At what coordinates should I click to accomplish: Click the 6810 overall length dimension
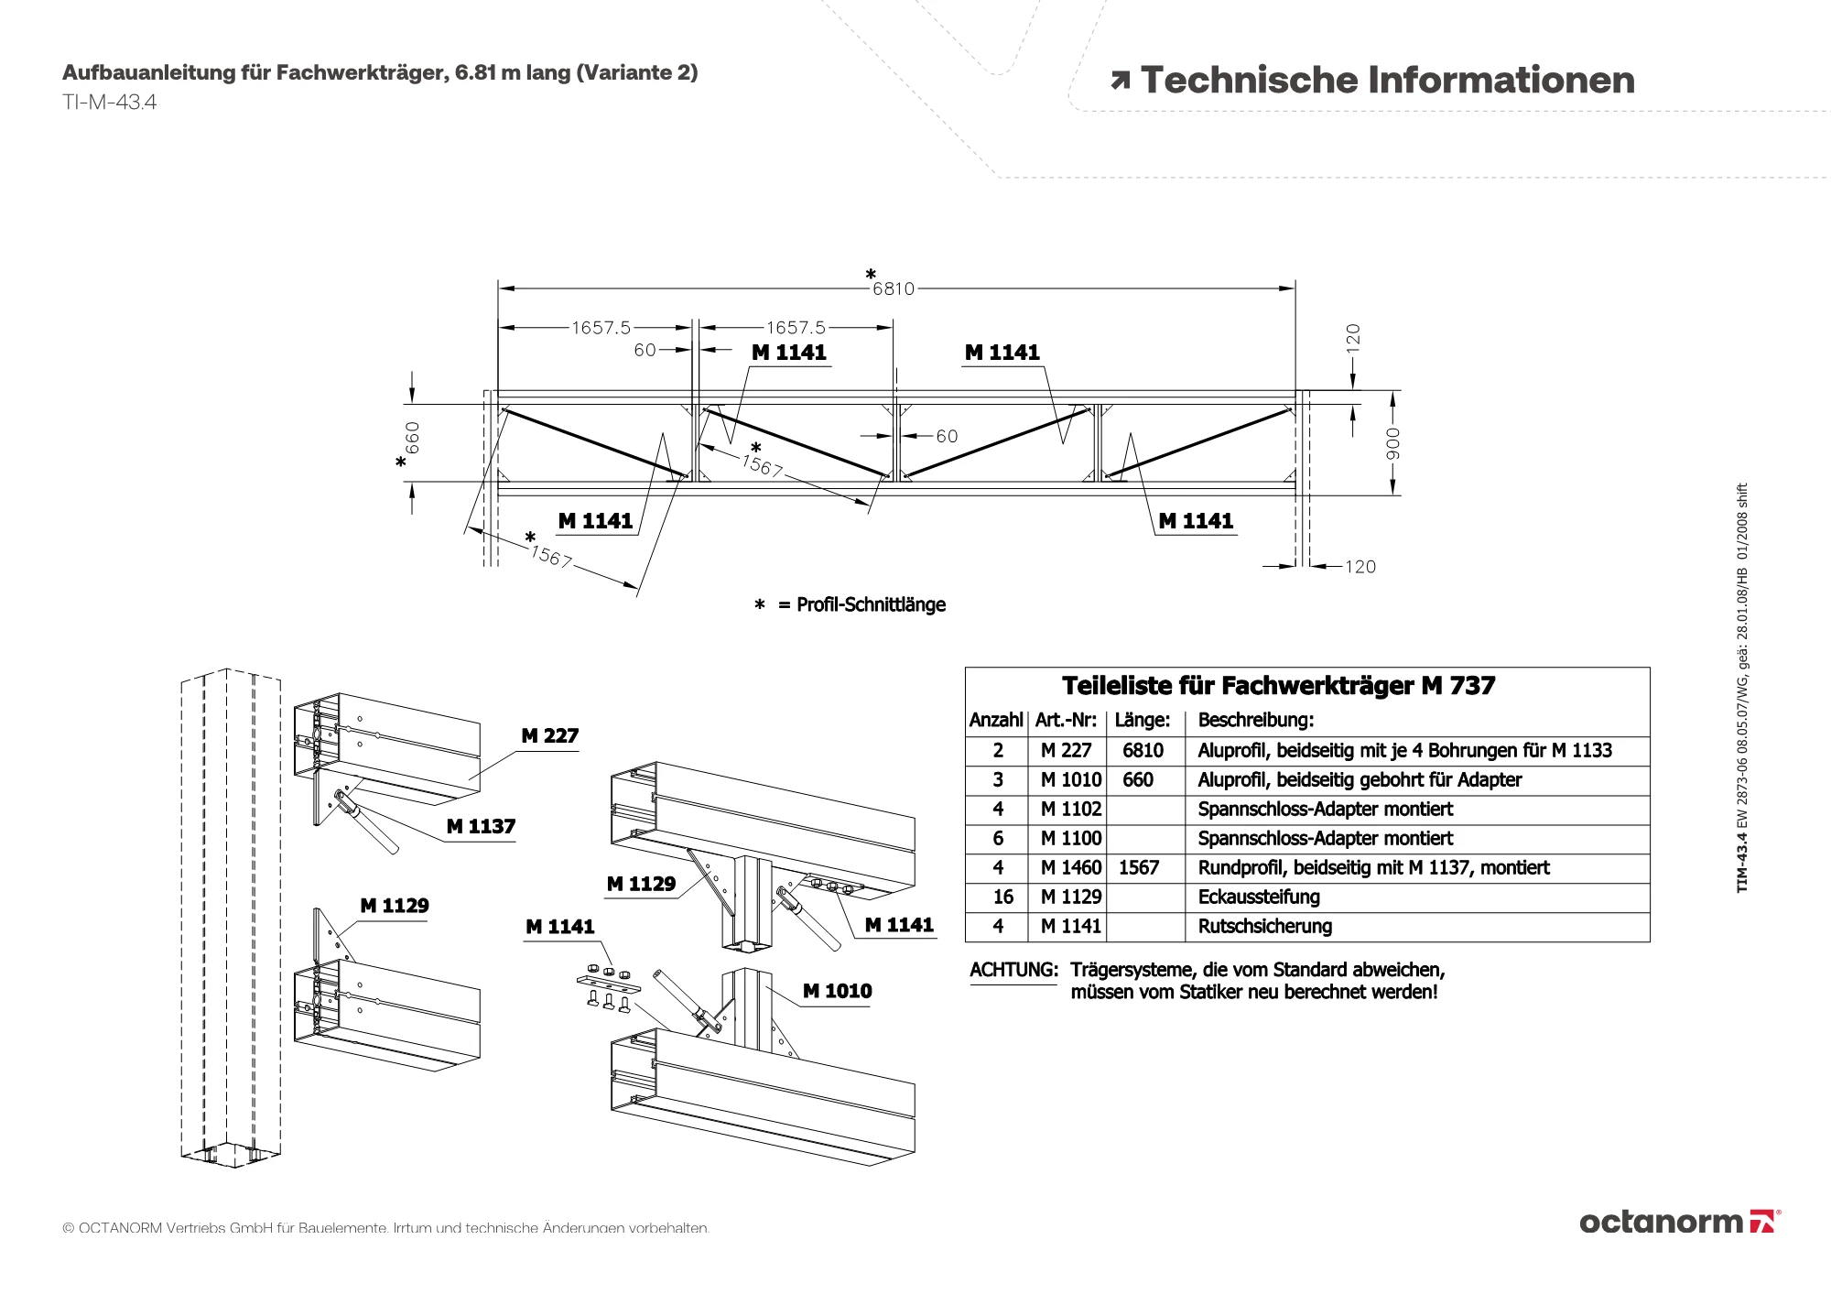(x=893, y=288)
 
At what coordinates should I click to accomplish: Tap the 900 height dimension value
(x=1392, y=443)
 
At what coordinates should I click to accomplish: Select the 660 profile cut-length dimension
(x=413, y=438)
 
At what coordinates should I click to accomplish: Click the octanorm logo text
(x=1661, y=1221)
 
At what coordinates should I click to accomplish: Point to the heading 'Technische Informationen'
(x=1387, y=80)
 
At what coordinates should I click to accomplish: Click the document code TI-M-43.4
(x=110, y=102)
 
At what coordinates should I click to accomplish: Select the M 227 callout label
(x=549, y=735)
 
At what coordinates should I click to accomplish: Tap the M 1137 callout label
(x=481, y=826)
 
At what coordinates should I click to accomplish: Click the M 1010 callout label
(x=837, y=991)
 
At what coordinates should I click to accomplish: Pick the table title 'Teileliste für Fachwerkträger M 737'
(x=1278, y=686)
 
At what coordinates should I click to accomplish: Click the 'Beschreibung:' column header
(x=1255, y=720)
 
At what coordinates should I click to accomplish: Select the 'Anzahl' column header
(x=996, y=720)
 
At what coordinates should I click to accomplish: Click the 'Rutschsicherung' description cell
(x=1264, y=926)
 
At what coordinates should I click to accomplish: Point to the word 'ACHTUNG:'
(x=1013, y=970)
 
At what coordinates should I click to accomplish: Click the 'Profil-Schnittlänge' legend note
(x=870, y=604)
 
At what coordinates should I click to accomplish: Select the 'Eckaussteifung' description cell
(x=1259, y=897)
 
